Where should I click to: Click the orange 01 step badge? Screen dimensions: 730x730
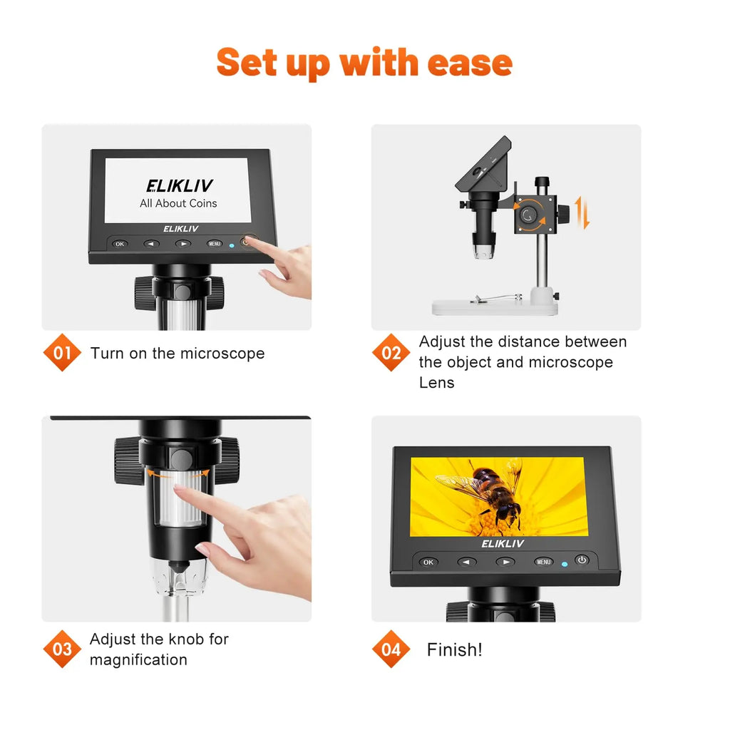click(x=62, y=353)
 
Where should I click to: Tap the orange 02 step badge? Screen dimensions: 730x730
click(x=391, y=353)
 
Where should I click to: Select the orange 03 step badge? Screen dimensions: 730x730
click(x=62, y=649)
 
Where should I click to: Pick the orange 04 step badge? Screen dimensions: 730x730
click(x=391, y=649)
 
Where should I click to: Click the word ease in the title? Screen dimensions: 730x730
click(x=470, y=63)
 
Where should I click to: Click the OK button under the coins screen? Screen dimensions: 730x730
click(x=120, y=244)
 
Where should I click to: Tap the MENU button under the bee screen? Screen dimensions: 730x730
click(x=543, y=562)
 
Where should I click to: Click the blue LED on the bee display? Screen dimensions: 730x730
click(x=565, y=563)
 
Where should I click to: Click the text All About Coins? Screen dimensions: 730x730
click(x=178, y=203)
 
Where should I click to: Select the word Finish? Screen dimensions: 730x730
click(x=454, y=649)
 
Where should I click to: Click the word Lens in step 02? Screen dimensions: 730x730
click(x=436, y=382)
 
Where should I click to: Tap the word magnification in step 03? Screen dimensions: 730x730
click(x=138, y=659)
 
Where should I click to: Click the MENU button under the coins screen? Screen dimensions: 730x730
click(x=215, y=244)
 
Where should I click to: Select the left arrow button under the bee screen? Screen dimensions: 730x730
click(x=467, y=562)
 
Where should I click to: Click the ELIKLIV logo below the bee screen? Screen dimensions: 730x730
click(x=503, y=544)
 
